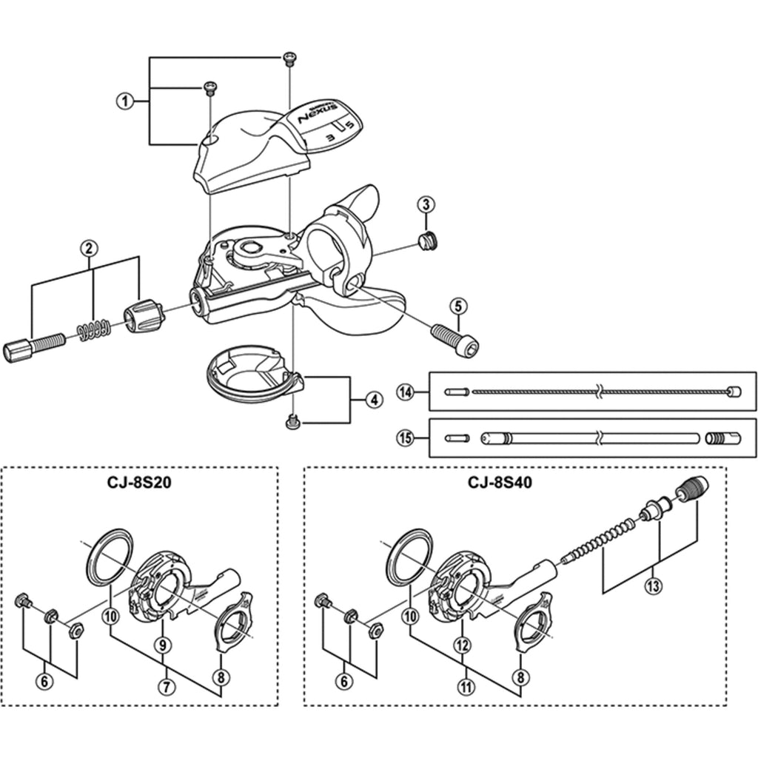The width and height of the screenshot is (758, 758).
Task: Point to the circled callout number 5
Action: tap(458, 305)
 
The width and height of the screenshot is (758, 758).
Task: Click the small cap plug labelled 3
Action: tap(428, 240)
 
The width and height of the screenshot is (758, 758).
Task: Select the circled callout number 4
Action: tap(374, 400)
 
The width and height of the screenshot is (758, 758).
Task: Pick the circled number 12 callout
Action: tap(463, 645)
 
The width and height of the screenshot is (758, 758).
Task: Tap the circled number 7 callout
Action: tap(168, 686)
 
